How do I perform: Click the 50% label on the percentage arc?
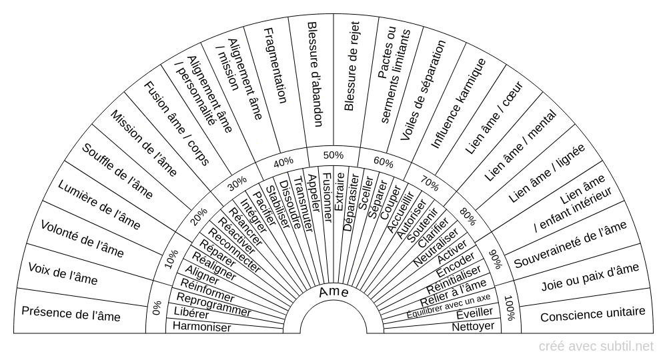[x=333, y=155]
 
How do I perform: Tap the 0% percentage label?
[x=157, y=308]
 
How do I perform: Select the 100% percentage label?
[x=510, y=308]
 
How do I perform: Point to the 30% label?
[x=237, y=183]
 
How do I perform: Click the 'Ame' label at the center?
[x=334, y=292]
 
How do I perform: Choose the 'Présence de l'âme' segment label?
[x=71, y=314]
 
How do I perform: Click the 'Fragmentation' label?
[x=275, y=66]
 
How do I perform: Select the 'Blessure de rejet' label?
[x=352, y=66]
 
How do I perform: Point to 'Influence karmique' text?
[x=459, y=103]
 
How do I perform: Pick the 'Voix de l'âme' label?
[x=63, y=273]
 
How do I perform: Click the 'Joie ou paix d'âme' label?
[x=590, y=276]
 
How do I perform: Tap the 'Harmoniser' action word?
[x=201, y=327]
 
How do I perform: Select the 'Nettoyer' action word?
[x=473, y=327]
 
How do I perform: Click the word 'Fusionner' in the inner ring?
[x=327, y=197]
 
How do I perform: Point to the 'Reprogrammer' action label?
[x=213, y=305]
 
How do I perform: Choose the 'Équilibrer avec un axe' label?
[x=449, y=306]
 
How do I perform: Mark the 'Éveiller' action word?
[x=474, y=314]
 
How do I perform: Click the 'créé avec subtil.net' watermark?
[x=596, y=347]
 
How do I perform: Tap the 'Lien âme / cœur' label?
[x=494, y=118]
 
